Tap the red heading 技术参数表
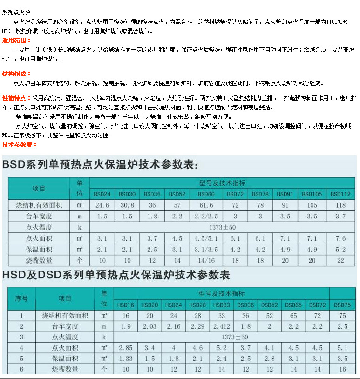click(x=19, y=144)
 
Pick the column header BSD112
click(x=340, y=194)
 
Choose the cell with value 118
click(x=340, y=205)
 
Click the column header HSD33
click(x=221, y=305)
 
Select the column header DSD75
click(x=342, y=305)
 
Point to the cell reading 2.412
click(x=221, y=326)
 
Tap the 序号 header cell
click(x=21, y=298)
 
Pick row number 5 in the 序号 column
click(x=21, y=359)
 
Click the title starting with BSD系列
click(x=100, y=165)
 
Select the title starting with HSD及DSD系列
click(x=116, y=275)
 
